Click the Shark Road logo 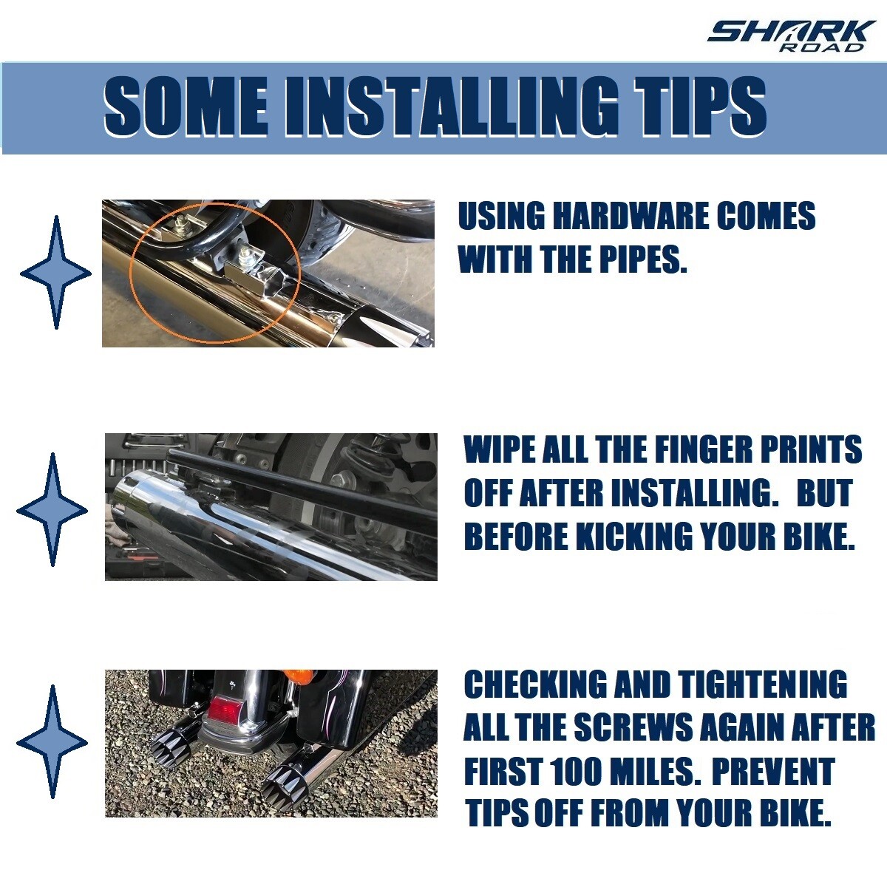point(791,36)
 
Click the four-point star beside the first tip point(55,273)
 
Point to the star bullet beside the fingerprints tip point(52,509)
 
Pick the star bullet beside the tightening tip point(52,741)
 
